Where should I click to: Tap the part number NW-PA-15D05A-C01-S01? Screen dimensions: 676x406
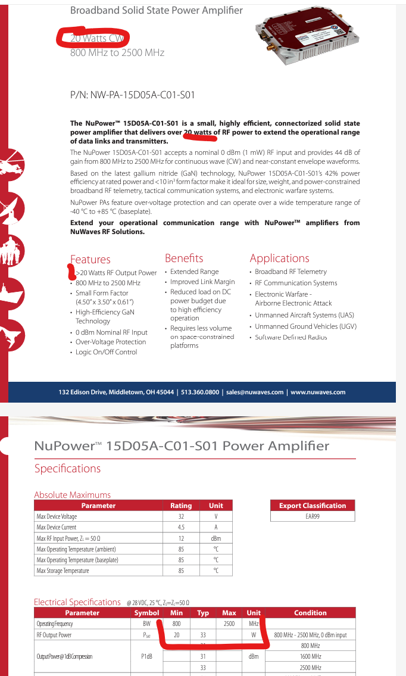click(133, 95)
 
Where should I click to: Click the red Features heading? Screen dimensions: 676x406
click(90, 259)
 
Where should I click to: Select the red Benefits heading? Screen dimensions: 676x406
click(184, 258)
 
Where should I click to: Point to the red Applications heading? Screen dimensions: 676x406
click(279, 258)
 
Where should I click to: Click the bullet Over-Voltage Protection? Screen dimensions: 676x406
click(111, 342)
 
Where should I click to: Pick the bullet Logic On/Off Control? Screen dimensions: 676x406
click(106, 352)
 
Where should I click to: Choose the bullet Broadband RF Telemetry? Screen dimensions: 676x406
click(291, 272)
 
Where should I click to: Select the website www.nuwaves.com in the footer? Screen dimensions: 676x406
click(318, 392)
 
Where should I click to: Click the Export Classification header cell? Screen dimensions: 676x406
click(313, 506)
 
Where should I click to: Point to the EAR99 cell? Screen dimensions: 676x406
click(313, 516)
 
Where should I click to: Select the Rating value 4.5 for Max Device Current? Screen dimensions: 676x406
click(181, 527)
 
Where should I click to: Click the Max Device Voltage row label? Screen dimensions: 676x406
click(57, 516)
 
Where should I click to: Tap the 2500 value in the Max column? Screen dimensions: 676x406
click(229, 624)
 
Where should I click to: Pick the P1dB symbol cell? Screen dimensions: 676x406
click(146, 656)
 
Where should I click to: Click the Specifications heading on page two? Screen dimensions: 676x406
click(67, 468)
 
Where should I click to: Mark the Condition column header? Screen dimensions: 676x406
click(310, 613)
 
